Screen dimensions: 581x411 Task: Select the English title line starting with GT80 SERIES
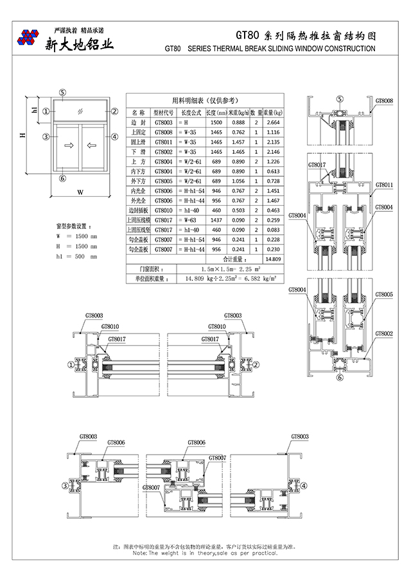[270, 49]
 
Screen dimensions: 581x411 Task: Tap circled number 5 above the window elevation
[62, 92]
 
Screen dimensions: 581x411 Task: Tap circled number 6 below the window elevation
[62, 178]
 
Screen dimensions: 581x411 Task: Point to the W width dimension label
[80, 192]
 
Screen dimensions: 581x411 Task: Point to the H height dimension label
[22, 135]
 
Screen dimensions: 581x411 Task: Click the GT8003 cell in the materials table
[163, 122]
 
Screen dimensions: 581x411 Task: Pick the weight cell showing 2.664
[273, 122]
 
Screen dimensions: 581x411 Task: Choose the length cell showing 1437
[216, 220]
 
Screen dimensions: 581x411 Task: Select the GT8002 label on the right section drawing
[384, 333]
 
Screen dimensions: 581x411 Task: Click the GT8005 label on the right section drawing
[384, 294]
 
